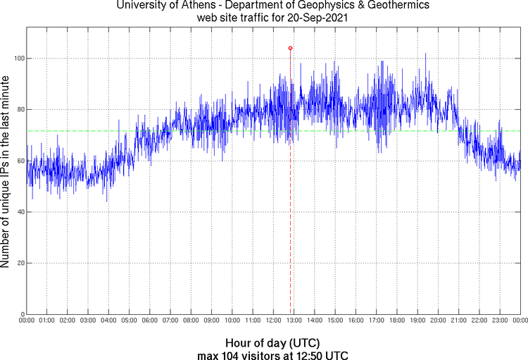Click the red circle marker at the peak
(290, 48)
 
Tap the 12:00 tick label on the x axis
(273, 321)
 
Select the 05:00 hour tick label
(129, 321)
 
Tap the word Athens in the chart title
(194, 6)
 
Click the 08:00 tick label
(191, 321)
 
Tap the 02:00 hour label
(68, 321)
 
